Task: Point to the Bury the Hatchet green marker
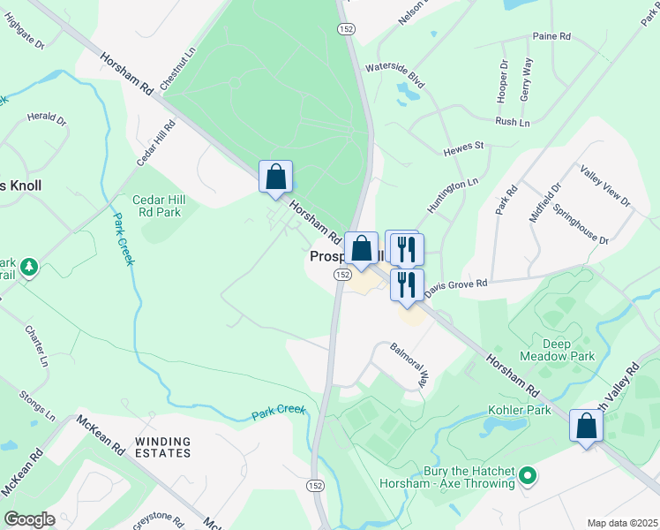click(x=529, y=477)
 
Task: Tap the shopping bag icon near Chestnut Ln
click(x=275, y=177)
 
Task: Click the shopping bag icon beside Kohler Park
click(x=586, y=427)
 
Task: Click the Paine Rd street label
click(x=552, y=37)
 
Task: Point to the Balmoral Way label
click(x=409, y=367)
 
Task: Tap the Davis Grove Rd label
click(x=454, y=286)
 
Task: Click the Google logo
click(x=28, y=519)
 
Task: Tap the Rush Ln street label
click(x=512, y=122)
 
